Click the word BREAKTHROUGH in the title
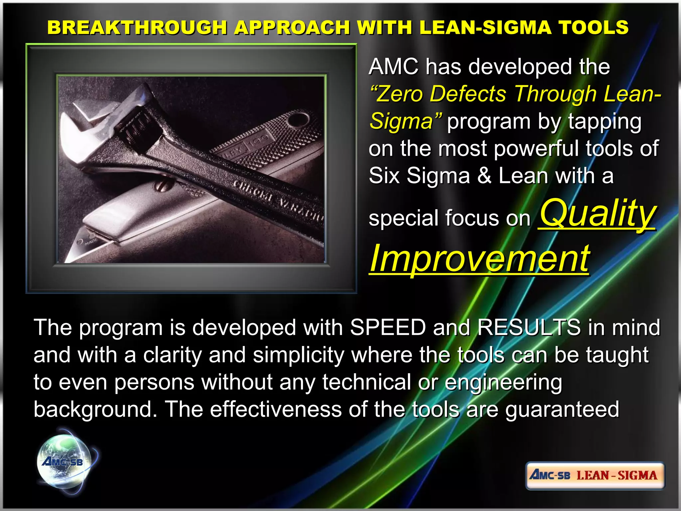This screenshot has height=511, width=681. click(137, 27)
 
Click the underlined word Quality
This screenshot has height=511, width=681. click(598, 213)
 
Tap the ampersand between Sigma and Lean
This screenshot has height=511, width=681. click(484, 176)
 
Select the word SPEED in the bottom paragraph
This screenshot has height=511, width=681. click(388, 327)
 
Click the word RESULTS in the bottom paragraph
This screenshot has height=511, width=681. click(529, 327)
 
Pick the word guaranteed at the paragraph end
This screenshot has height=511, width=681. click(562, 409)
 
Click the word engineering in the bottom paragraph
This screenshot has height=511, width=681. click(503, 383)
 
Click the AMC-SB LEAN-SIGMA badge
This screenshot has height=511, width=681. click(595, 475)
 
